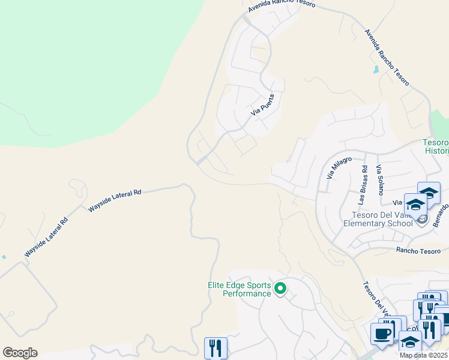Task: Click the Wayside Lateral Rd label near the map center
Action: [115, 200]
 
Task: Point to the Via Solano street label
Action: [379, 180]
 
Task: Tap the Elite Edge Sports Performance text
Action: [240, 290]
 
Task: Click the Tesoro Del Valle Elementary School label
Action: [378, 219]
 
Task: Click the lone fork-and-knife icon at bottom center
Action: [215, 348]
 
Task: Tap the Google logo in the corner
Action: [20, 352]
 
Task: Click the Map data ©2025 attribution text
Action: [423, 355]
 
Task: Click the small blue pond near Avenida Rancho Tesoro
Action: [376, 70]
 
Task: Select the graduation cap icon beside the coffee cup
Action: [410, 343]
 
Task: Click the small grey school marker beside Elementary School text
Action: [422, 220]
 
